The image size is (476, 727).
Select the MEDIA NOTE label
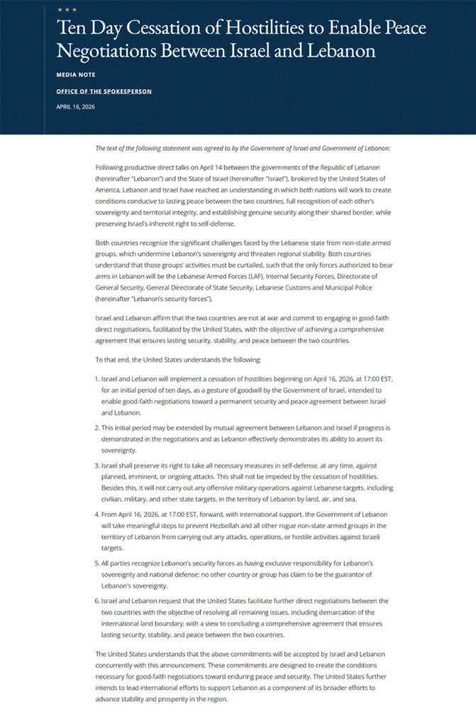click(75, 74)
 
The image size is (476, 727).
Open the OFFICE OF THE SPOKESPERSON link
click(104, 92)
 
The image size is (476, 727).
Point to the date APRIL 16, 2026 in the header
click(75, 107)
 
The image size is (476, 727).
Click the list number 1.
click(97, 378)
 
